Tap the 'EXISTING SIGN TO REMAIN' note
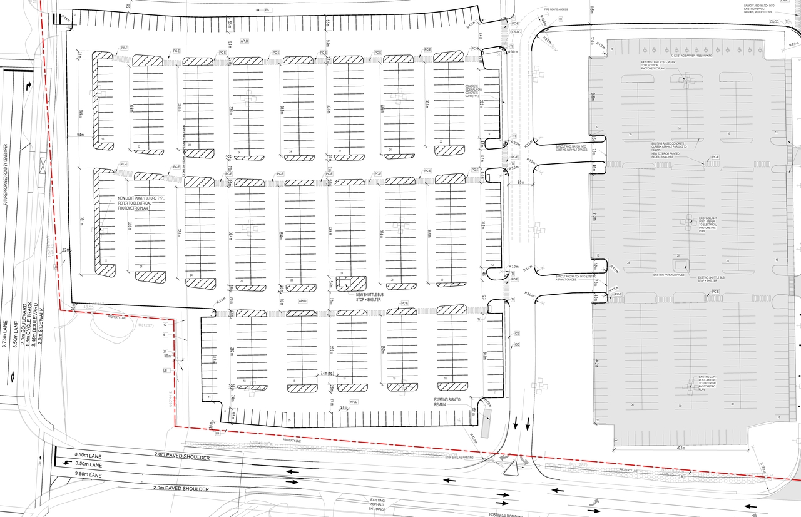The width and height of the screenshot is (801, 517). click(447, 402)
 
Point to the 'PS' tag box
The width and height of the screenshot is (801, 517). click(267, 11)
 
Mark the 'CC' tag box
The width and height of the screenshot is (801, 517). click(517, 345)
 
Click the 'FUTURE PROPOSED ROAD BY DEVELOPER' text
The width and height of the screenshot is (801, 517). click(6, 182)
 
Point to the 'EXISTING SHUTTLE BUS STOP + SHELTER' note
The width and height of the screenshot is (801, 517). click(712, 279)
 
